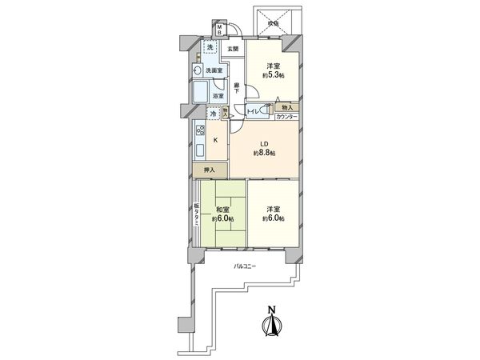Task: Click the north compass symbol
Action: tap(271, 322)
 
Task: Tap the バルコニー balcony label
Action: tap(244, 265)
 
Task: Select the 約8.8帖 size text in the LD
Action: tap(264, 152)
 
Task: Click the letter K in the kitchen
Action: tap(215, 140)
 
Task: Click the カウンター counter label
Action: tap(286, 118)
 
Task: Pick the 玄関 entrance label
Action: tap(232, 50)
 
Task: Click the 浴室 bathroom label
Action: tap(218, 96)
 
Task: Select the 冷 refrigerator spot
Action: tap(212, 114)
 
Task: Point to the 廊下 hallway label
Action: tap(237, 88)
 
